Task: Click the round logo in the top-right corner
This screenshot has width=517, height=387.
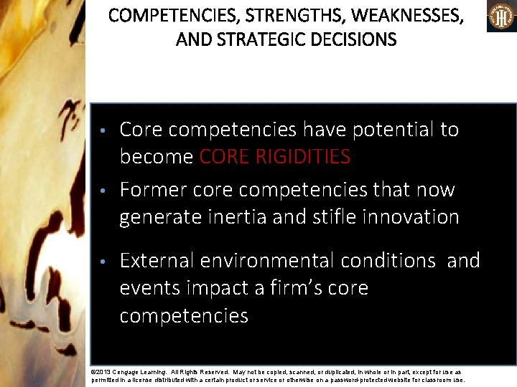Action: pos(501,16)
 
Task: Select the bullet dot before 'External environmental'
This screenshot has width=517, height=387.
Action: pos(104,262)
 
